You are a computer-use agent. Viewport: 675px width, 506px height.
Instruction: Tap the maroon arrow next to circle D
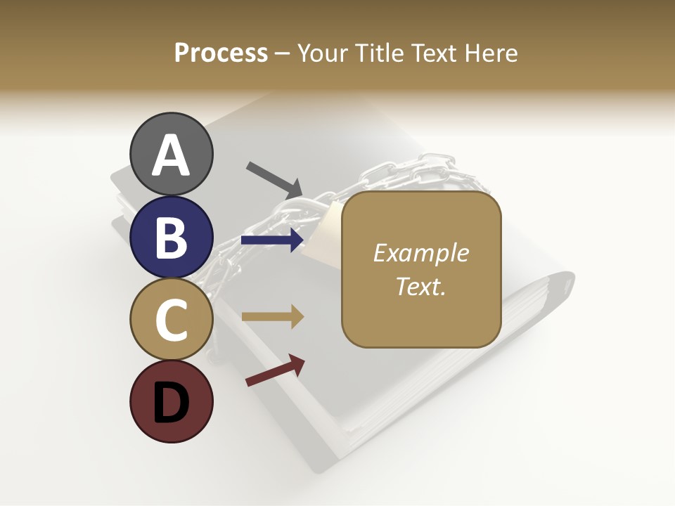tap(276, 370)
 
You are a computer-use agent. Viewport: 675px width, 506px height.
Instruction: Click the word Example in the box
tap(420, 253)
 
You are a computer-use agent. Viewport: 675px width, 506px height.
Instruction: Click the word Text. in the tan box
tap(420, 286)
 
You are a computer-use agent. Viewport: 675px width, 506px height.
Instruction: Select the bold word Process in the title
tap(221, 53)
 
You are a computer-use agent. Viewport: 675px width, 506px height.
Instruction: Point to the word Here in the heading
tap(491, 53)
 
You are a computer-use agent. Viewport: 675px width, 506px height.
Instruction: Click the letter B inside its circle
tap(171, 238)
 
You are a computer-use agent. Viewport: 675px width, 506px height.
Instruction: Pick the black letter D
tap(171, 404)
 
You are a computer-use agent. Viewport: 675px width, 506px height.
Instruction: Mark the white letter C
tap(171, 320)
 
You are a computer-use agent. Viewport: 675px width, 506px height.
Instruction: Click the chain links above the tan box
tap(422, 172)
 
